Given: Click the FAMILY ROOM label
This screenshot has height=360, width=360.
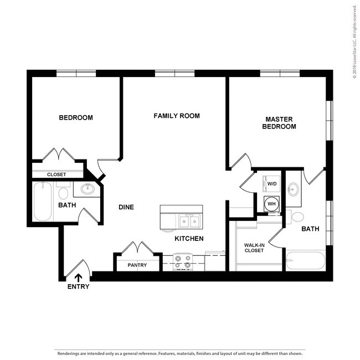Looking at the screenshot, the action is [177, 116].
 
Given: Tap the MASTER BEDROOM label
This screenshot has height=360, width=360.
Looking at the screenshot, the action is [279, 123].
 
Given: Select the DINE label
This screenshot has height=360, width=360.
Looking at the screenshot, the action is [126, 207].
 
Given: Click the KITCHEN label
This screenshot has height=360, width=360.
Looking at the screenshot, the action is [189, 239].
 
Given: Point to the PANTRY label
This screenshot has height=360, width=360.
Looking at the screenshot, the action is [137, 265].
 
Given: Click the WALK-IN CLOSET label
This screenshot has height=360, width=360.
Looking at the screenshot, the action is [254, 248].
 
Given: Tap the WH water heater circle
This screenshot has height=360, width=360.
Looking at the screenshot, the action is [271, 204].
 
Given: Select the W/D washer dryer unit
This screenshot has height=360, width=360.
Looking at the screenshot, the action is [271, 184].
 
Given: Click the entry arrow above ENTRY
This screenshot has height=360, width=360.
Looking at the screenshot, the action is [78, 278].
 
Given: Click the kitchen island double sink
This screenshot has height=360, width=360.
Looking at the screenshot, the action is [189, 222].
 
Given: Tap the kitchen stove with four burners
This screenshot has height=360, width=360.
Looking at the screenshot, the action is [183, 262].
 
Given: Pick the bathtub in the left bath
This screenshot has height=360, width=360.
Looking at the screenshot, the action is [43, 202].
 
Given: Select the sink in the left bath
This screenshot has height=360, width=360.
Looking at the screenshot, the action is [88, 189].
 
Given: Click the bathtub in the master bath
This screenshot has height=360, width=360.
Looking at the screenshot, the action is [306, 260].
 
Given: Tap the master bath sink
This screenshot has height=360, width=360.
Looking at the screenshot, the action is [293, 189].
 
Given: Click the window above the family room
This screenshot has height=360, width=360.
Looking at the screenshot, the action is [174, 74].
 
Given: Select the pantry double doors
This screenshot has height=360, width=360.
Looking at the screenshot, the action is [137, 248].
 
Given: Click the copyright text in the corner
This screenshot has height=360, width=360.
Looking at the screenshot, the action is [355, 42].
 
